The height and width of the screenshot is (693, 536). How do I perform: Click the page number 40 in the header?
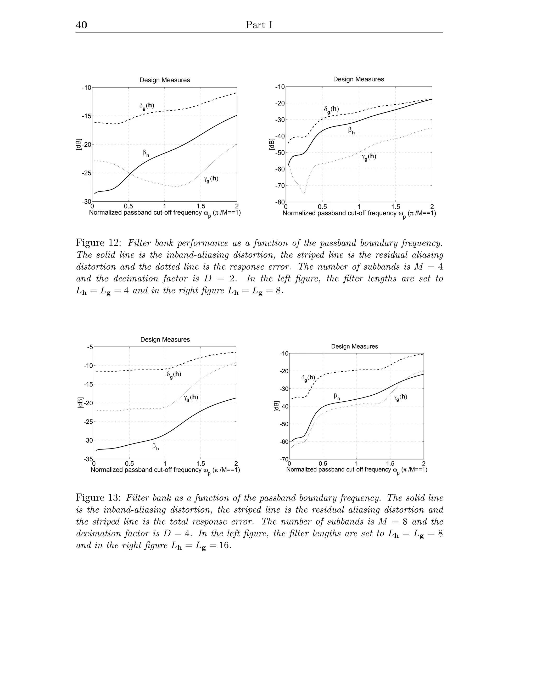(81, 25)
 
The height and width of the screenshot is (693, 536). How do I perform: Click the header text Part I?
(259, 25)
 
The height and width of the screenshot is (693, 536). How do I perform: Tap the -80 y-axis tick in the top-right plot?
(280, 202)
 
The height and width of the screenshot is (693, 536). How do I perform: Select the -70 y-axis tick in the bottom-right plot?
(283, 459)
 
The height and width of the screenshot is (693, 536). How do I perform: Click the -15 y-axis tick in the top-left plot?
(86, 116)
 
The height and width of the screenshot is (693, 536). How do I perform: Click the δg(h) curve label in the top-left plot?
(147, 106)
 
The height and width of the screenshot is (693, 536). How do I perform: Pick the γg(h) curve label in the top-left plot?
(211, 179)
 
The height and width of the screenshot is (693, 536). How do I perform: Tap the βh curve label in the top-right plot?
(351, 130)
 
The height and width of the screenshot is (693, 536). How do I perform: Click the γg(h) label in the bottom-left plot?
(191, 398)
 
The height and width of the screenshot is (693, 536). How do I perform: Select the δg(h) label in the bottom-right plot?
(308, 378)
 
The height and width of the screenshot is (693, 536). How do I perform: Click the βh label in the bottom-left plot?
(155, 447)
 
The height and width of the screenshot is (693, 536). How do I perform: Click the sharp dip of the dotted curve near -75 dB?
(304, 193)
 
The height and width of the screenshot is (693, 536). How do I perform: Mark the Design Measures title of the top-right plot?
(358, 79)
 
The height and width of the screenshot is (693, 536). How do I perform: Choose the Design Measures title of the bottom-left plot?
(165, 339)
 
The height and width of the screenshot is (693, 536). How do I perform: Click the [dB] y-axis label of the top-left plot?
(79, 144)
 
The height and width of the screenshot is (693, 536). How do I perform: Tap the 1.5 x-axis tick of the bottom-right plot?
(390, 464)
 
